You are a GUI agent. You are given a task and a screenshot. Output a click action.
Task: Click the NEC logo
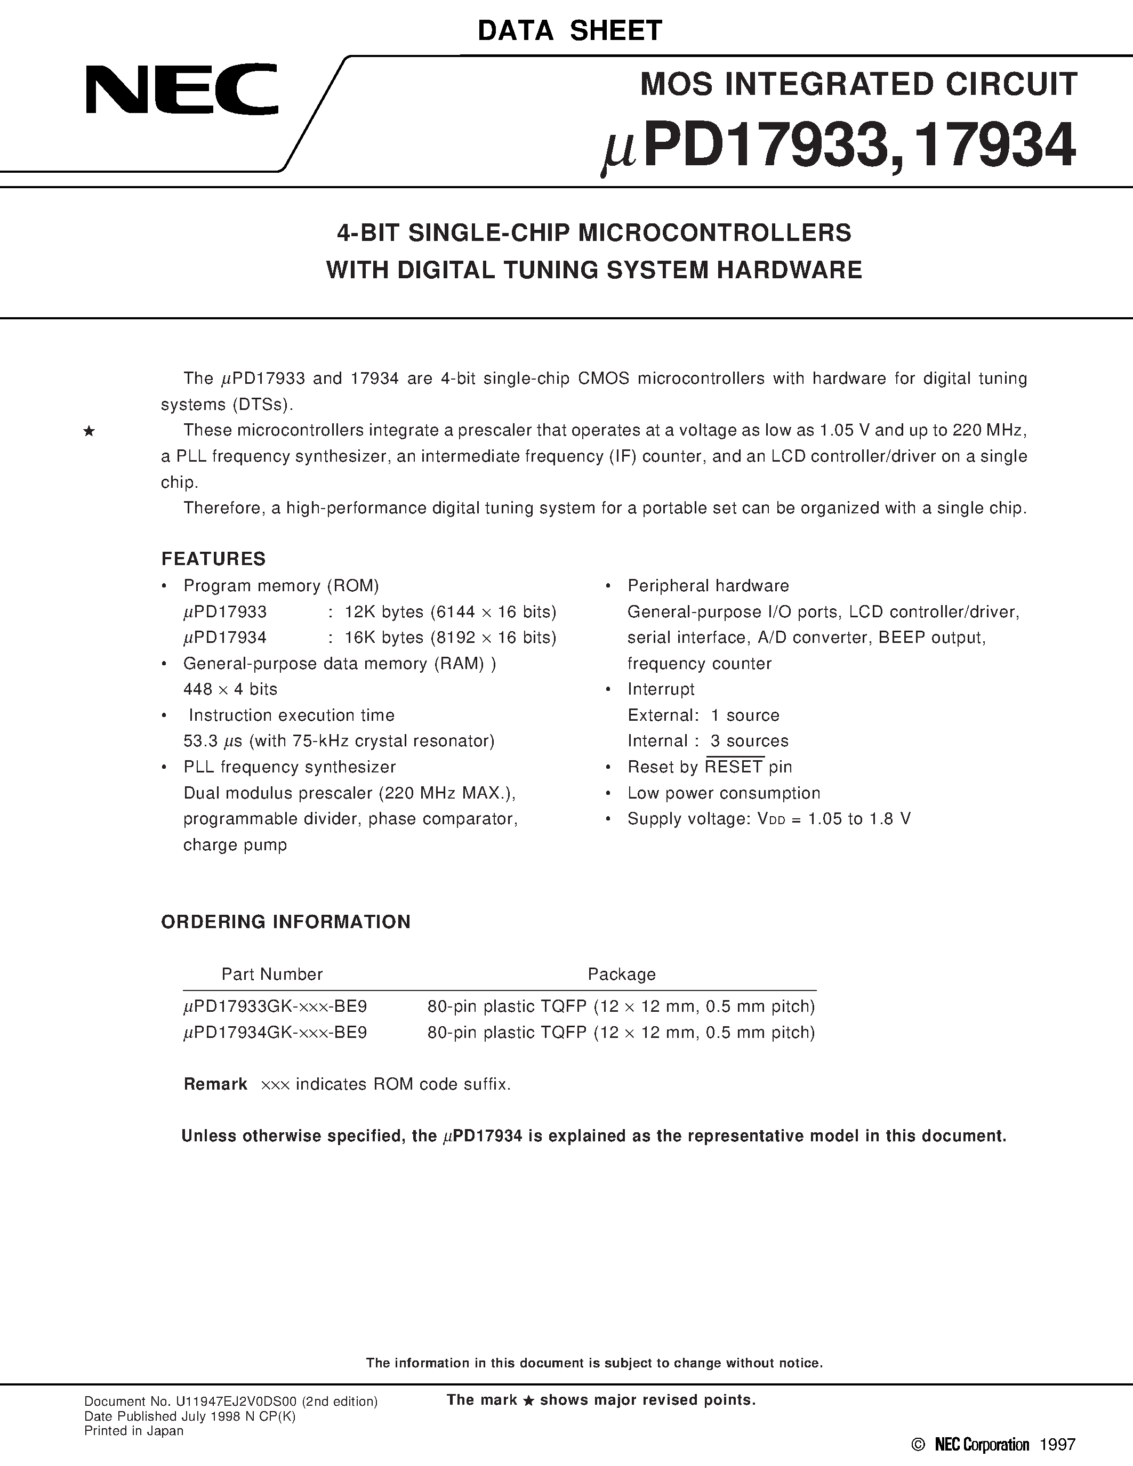181,88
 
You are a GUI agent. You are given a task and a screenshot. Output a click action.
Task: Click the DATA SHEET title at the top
569,31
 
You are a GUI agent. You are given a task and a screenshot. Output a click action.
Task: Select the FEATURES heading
213,559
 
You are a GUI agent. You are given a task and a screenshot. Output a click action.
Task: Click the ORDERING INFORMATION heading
285,922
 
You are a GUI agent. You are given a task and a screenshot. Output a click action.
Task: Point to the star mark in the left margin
89,432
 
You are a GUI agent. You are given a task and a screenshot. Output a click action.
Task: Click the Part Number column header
272,974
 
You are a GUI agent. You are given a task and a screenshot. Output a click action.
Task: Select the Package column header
622,974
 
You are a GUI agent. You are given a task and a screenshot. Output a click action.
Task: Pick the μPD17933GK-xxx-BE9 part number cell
275,1006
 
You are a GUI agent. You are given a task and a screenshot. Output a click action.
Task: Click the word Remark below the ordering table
215,1084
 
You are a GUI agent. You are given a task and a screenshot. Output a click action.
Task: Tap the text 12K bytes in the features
384,611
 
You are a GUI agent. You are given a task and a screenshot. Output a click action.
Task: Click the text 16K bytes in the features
384,638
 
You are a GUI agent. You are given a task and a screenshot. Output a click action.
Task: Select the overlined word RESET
734,767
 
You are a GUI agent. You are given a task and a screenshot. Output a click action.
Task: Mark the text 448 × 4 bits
230,689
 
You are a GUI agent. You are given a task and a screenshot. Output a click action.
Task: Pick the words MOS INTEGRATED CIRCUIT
858,85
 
